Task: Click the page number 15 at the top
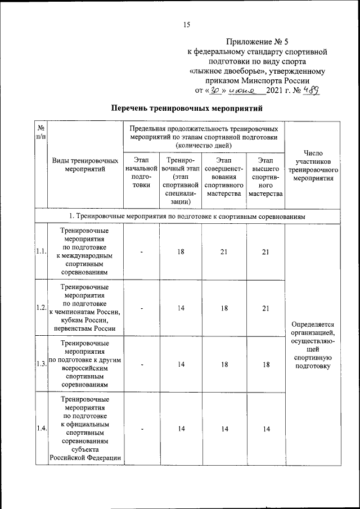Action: point(187,24)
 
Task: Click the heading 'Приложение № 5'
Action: point(256,42)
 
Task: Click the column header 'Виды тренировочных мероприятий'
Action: point(85,165)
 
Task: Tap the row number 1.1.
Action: point(40,252)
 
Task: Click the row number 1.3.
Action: point(40,364)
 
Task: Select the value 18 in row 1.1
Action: point(181,252)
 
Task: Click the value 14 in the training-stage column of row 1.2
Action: point(181,308)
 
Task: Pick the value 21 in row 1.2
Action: point(265,308)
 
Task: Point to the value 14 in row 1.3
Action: point(181,364)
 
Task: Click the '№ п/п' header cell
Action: point(40,133)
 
